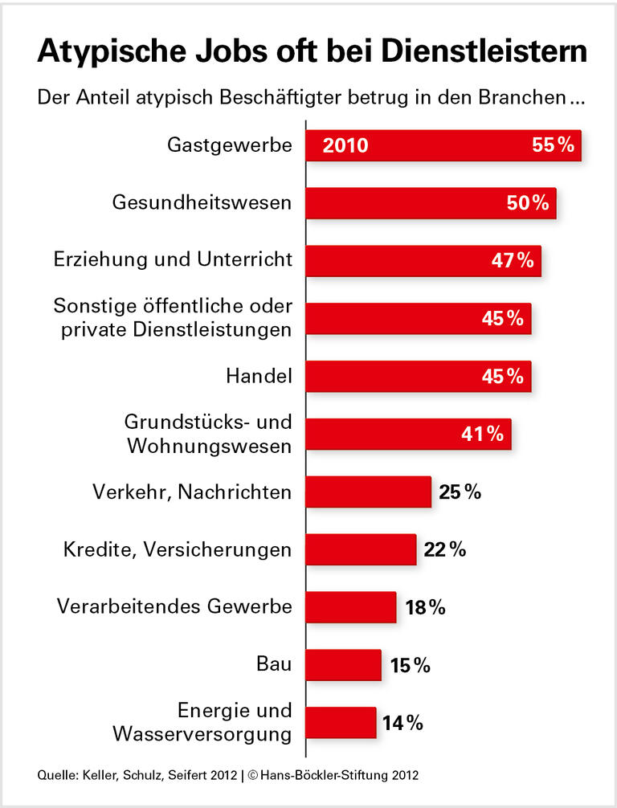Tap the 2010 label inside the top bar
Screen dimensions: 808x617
click(345, 146)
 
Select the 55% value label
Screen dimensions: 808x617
click(553, 145)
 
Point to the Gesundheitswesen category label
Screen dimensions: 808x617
click(202, 202)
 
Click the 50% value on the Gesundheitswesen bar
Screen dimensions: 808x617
click(528, 203)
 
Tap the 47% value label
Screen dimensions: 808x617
click(513, 261)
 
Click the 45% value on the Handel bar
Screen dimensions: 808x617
click(502, 376)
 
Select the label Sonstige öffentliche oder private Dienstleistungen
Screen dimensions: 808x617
click(172, 319)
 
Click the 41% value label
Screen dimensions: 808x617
click(483, 435)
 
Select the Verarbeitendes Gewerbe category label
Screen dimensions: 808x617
click(174, 606)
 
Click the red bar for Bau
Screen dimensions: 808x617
click(344, 665)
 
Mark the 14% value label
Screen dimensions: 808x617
click(402, 723)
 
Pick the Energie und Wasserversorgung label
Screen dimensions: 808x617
click(202, 722)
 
